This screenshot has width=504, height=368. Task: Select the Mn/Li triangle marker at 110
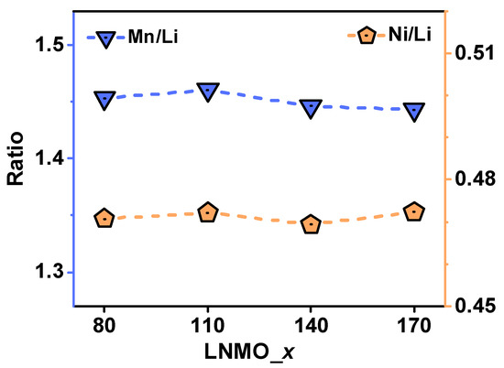(x=208, y=90)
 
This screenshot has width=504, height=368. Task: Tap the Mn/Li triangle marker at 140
(x=311, y=107)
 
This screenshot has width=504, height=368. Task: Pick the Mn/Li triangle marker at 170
(x=414, y=110)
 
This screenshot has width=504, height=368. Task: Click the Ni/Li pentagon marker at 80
(x=104, y=218)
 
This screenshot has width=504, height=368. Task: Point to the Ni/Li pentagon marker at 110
(x=208, y=212)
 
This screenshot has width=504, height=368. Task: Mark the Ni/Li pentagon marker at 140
(x=311, y=224)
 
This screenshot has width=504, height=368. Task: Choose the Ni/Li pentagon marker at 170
(x=414, y=211)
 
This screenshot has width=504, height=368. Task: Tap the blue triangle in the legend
(x=104, y=38)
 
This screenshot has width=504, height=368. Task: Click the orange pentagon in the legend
(x=366, y=36)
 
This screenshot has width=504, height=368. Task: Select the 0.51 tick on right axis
(x=471, y=53)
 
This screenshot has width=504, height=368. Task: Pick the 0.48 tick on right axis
(x=471, y=179)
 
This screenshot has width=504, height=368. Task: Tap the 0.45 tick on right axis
(x=471, y=306)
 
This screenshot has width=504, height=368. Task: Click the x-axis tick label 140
(x=311, y=326)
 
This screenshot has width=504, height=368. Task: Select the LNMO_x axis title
(x=258, y=352)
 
